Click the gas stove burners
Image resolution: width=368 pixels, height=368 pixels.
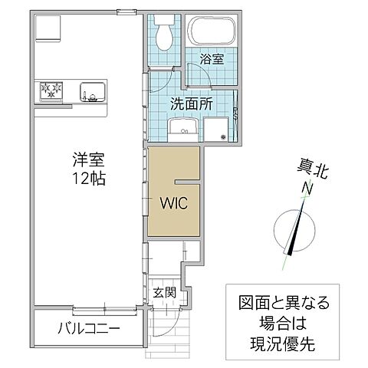[51, 91]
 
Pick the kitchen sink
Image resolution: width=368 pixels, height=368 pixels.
[90, 92]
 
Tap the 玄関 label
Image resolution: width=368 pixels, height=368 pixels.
[164, 292]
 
